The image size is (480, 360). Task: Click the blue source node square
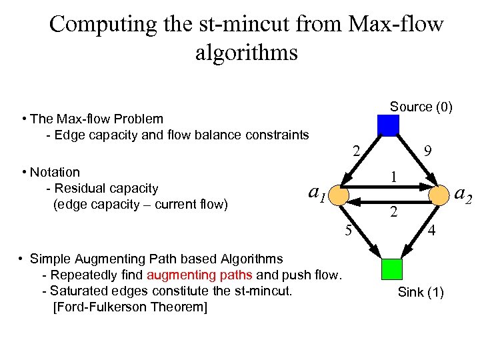[388, 125]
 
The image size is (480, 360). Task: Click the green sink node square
[391, 268]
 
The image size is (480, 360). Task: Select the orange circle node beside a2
[439, 195]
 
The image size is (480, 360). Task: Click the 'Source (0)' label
[421, 107]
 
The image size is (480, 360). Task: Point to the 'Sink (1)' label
[421, 292]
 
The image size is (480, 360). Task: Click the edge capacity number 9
[430, 153]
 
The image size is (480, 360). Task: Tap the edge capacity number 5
[348, 231]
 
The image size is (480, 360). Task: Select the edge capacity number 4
[432, 232]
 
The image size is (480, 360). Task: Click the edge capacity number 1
[394, 177]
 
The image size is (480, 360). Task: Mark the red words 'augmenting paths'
[199, 275]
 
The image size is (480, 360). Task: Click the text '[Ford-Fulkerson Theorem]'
[129, 307]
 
